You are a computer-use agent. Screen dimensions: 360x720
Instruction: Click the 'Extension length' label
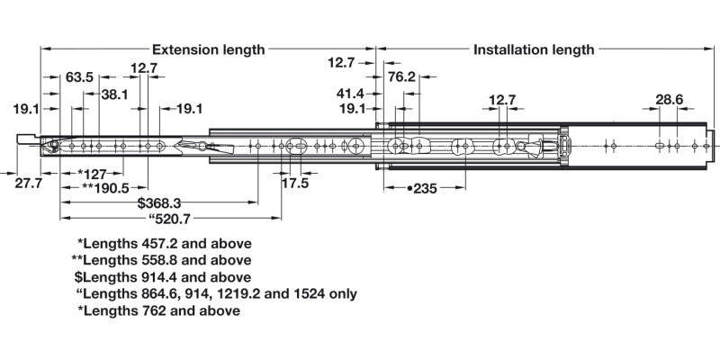point(208,50)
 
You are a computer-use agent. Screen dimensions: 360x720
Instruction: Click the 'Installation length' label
point(534,50)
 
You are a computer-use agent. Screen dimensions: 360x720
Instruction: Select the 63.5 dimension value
point(79,77)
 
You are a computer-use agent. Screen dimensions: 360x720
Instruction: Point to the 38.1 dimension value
point(114,94)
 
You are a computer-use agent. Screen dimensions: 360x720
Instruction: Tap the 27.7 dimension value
point(29,184)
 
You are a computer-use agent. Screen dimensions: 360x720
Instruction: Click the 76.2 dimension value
point(400,77)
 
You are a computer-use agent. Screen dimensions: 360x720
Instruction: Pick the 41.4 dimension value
point(349,94)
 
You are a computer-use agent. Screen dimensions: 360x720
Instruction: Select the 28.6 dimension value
point(669,99)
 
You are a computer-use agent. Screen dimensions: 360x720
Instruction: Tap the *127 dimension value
point(94,174)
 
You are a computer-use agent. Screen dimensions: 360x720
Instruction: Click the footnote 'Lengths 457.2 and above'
point(165,244)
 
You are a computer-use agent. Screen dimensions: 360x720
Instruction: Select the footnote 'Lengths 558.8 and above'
point(161,260)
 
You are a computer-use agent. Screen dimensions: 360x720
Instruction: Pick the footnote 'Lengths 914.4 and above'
point(163,277)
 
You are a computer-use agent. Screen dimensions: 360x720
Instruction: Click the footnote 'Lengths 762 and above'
point(159,310)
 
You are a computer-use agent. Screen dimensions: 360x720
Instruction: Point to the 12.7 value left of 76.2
point(341,62)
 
